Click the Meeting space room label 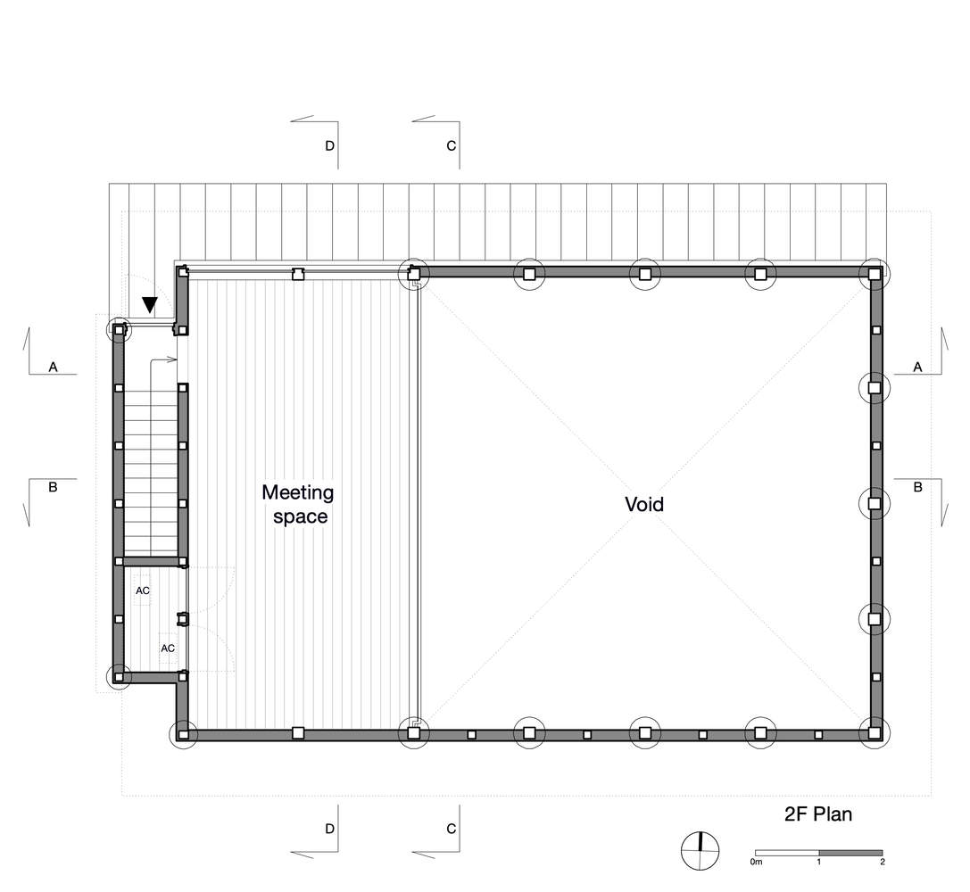(298, 504)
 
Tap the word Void (644, 504)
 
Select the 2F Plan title (817, 814)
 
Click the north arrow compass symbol (701, 851)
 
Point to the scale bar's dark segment (850, 853)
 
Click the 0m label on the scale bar (756, 862)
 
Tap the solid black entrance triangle (150, 304)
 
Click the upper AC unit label (143, 591)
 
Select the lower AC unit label (168, 648)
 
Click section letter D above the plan (329, 145)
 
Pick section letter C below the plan (451, 829)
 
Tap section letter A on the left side (54, 368)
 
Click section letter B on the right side (917, 487)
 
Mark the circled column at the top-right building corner (874, 273)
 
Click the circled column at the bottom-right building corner (874, 733)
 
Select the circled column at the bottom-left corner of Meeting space (183, 735)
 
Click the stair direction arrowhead (174, 359)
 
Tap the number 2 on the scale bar (883, 862)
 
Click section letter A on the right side (917, 368)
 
